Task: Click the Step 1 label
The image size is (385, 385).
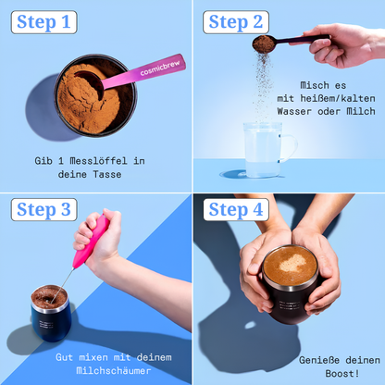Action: (x=43, y=22)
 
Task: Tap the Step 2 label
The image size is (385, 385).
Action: (x=236, y=22)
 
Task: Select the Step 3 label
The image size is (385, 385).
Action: (x=43, y=210)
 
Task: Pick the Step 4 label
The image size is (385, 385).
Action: (x=236, y=210)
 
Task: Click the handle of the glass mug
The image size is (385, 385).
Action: (x=290, y=148)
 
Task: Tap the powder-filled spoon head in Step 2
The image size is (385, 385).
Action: (x=264, y=44)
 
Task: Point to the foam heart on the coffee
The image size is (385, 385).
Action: (x=292, y=263)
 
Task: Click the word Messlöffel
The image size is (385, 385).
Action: (x=98, y=161)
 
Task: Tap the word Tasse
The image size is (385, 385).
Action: (x=107, y=174)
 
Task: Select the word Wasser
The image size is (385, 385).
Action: (x=294, y=111)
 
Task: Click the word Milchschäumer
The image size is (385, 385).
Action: (x=114, y=370)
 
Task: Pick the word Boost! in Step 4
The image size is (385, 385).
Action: (x=342, y=374)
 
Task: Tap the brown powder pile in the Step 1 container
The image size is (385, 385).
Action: (x=89, y=99)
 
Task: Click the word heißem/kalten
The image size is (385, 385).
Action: (x=338, y=98)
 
